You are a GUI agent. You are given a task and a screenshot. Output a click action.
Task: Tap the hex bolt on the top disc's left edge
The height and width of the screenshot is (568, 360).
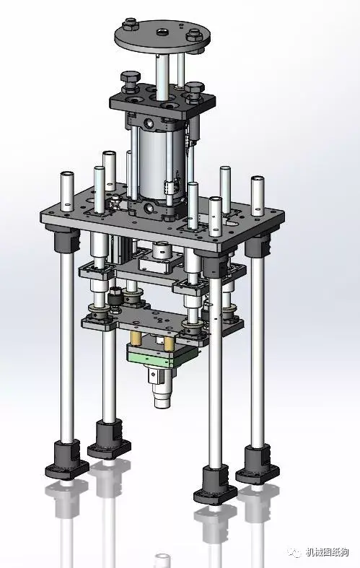130,25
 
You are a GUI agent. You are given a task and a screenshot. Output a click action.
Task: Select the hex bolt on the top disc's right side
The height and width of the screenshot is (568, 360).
193,35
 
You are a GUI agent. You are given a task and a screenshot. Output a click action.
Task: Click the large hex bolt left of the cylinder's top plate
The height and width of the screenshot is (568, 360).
131,81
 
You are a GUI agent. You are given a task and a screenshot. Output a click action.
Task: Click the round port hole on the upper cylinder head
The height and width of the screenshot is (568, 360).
149,123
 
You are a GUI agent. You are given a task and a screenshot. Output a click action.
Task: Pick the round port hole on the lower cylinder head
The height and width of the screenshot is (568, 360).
149,208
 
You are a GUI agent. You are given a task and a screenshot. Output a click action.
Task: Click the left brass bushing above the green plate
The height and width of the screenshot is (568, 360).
136,338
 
